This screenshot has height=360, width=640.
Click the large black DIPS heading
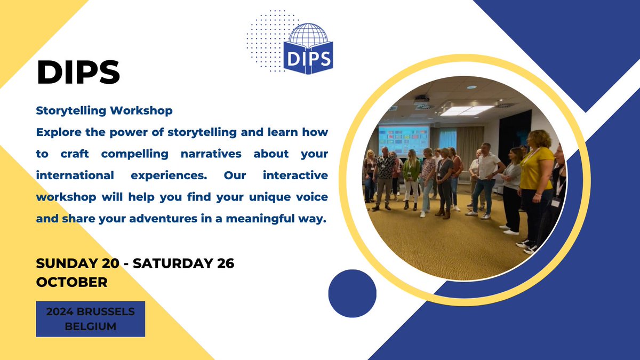78,73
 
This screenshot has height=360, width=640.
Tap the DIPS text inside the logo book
309,56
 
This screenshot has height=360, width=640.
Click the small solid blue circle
352,293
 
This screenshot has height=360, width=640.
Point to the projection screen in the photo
403,139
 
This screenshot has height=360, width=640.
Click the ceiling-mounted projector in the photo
421,99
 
